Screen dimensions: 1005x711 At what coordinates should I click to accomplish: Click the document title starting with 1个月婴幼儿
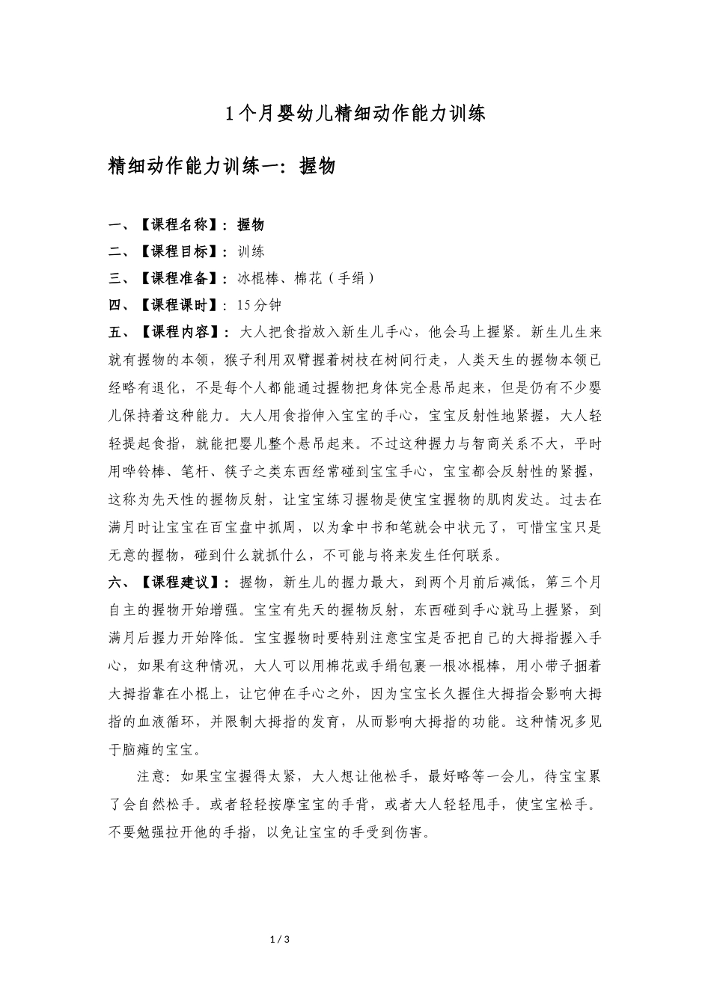point(355,114)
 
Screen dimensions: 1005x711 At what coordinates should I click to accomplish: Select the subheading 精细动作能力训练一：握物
point(222,166)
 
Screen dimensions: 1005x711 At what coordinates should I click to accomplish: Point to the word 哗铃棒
point(147,471)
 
